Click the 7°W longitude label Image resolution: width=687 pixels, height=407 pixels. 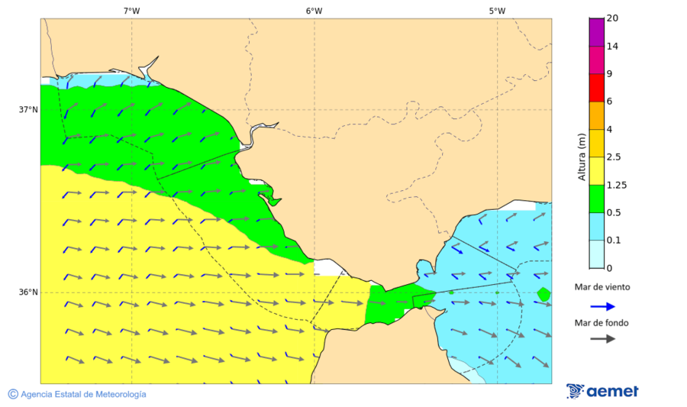pos(131,11)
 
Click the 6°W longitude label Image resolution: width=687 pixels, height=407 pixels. pos(314,11)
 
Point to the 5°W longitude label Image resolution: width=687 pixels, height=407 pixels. pos(497,11)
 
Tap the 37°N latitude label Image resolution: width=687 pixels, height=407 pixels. pos(28,109)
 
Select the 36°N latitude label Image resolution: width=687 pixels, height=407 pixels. pos(28,292)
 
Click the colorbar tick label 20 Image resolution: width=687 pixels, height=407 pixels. pos(611,18)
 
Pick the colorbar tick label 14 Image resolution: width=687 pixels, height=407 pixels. pos(611,46)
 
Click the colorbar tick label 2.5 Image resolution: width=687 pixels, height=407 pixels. pos(614,157)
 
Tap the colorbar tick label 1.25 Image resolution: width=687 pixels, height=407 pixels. pos(616,185)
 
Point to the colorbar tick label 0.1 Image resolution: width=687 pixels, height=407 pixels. pos(614,241)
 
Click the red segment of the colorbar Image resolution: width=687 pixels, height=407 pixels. pos(596,87)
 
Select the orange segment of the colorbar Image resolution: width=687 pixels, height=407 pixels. pos(596,115)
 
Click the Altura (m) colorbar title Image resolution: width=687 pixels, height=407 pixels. pos(582,157)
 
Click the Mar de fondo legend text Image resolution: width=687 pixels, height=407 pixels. pos(602,322)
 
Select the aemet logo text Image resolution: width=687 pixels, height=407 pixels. pos(612,392)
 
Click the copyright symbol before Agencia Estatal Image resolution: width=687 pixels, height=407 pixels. pos(13,394)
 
